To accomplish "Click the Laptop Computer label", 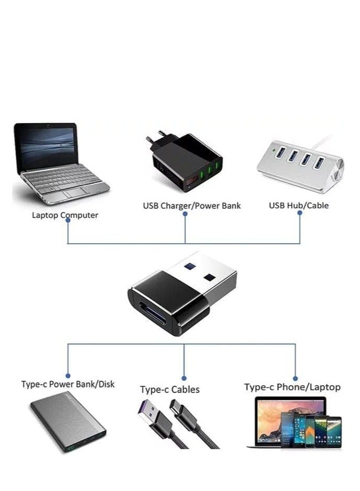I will tap(65, 215).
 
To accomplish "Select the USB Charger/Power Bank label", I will tap(192, 205).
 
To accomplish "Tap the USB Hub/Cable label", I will tap(299, 205).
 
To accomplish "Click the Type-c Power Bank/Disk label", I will tap(68, 384).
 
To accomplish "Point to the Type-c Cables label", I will tap(169, 389).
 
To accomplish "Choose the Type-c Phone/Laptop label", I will tap(292, 387).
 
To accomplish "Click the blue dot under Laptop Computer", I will tap(68, 221).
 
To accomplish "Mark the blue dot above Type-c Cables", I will tap(184, 376).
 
